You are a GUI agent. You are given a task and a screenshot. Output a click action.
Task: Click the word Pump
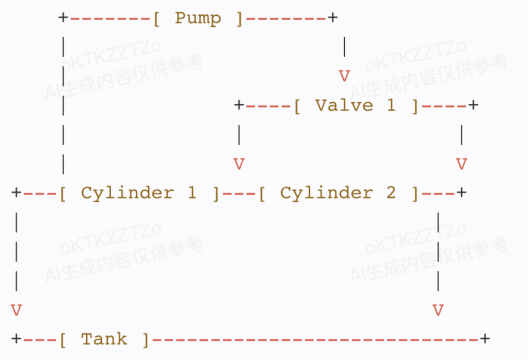198,18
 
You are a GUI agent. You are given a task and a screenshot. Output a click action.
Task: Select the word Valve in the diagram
343,105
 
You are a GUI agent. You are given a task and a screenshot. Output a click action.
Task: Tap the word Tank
104,339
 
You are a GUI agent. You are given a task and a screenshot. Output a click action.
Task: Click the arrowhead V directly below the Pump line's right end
344,76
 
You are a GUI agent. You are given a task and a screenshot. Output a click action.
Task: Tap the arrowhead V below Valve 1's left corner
238,163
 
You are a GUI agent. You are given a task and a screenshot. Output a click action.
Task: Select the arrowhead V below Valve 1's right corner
461,163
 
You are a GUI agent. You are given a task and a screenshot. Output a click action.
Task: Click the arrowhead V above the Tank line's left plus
14,310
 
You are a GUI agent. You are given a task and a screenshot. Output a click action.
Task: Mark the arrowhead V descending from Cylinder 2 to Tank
438,310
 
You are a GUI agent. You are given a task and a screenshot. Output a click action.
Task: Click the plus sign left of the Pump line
63,18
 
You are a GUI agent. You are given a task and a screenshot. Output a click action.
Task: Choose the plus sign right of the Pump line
333,18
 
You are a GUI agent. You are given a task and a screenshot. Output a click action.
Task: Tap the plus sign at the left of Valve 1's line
238,105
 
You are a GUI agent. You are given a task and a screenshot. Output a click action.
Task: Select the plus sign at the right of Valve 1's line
473,105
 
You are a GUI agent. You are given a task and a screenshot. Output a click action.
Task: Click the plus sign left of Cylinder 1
14,192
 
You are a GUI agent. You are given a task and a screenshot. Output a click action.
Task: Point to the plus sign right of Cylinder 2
461,192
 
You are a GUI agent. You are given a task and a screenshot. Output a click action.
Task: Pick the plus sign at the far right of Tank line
485,339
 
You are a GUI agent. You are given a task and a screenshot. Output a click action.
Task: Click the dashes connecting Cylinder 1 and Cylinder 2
238,192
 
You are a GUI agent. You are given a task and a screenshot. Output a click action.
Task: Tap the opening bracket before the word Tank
63,339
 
